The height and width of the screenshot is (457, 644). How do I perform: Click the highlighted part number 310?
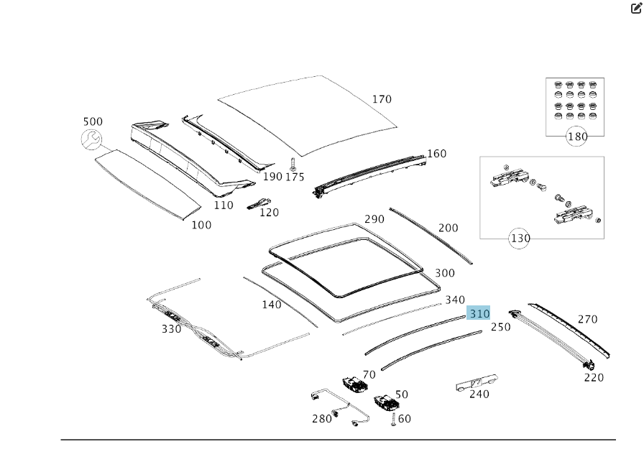(x=479, y=313)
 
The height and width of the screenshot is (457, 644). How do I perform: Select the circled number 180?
(x=577, y=137)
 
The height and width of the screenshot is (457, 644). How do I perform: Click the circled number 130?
(x=520, y=239)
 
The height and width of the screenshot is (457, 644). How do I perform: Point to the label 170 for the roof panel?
(x=382, y=99)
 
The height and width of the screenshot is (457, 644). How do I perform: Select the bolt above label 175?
(x=293, y=163)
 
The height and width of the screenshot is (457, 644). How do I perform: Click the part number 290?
(x=374, y=219)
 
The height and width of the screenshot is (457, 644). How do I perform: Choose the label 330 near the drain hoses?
(x=171, y=329)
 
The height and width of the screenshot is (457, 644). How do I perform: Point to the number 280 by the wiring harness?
(x=322, y=418)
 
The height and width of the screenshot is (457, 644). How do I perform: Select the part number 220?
(x=594, y=377)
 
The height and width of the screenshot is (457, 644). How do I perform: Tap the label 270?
(x=587, y=319)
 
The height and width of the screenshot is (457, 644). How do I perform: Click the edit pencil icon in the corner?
(x=636, y=9)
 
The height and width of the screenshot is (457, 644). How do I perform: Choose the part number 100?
(x=201, y=225)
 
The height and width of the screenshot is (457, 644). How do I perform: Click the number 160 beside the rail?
(x=436, y=154)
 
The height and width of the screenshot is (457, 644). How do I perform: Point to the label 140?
(x=272, y=305)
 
